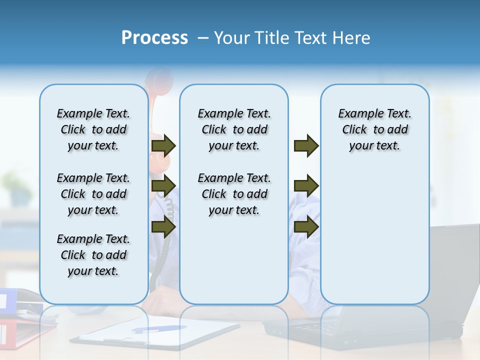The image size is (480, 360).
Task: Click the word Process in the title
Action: (154, 38)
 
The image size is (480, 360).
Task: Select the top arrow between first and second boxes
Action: (163, 145)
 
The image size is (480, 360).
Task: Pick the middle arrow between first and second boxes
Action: (163, 186)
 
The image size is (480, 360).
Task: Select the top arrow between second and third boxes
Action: (306, 145)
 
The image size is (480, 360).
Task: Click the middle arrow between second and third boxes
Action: (306, 186)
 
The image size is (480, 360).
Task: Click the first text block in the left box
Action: (93, 129)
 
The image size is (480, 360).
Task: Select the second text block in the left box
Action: (93, 194)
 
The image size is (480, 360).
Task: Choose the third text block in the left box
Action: (93, 255)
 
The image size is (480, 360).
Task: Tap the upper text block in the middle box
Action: (234, 129)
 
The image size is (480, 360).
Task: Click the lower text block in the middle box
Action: (234, 194)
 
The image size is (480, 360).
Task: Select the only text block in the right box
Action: (374, 129)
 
